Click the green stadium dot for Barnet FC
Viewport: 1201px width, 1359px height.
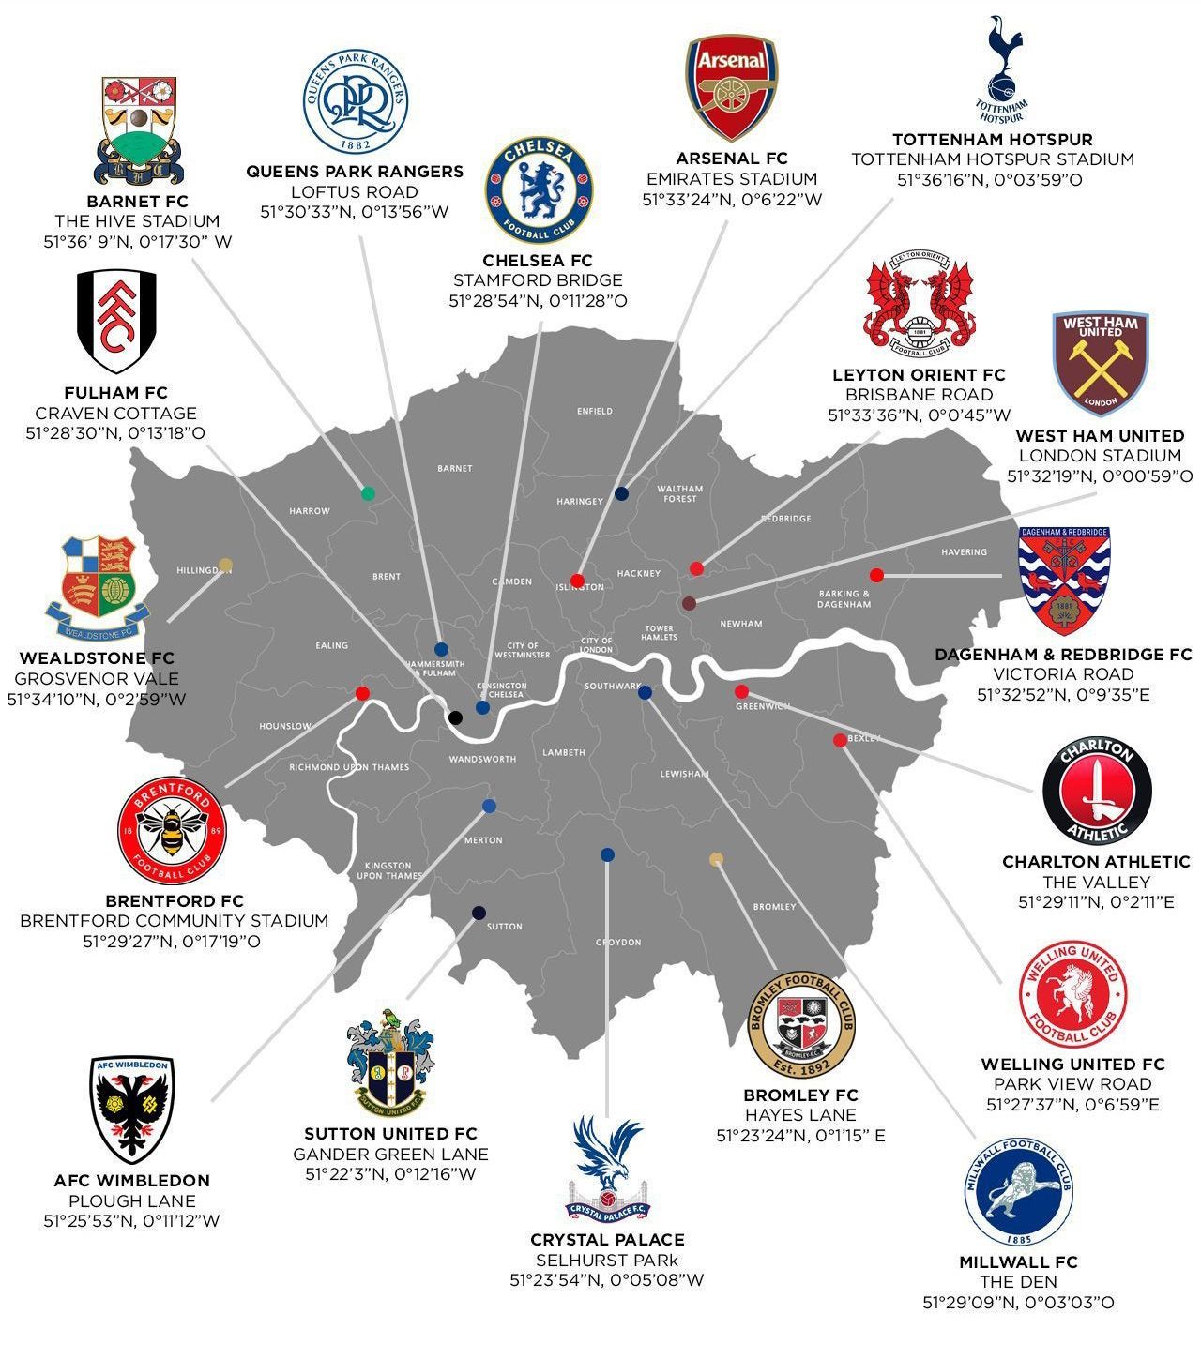coord(368,493)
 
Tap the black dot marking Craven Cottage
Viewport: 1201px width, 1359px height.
coord(455,717)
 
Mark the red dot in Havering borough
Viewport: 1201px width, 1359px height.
coord(876,575)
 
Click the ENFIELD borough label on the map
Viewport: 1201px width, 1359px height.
coord(595,411)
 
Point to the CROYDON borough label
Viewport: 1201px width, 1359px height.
coord(618,942)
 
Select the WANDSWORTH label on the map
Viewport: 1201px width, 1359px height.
coord(482,759)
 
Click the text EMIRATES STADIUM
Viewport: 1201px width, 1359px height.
coord(732,179)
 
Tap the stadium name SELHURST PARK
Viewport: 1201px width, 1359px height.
coord(606,1260)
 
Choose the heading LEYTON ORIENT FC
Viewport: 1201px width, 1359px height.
coord(919,375)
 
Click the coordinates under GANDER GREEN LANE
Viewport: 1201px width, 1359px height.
coord(390,1174)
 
